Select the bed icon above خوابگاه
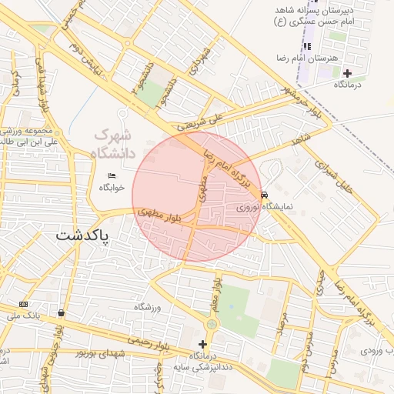tap(112, 175)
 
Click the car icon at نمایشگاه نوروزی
tap(265, 195)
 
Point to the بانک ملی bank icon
tap(23, 305)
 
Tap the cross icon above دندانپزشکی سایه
tap(203, 344)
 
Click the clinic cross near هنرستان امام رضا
tap(347, 72)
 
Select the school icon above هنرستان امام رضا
tap(308, 47)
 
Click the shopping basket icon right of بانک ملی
tap(61, 312)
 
